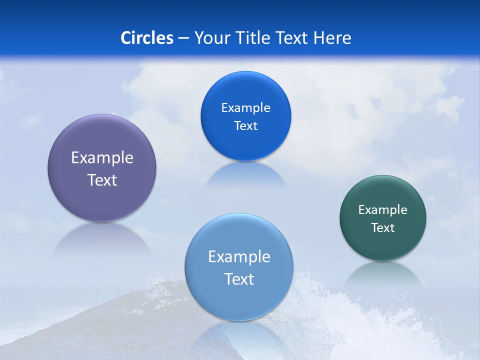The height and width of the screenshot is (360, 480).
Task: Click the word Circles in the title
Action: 147,38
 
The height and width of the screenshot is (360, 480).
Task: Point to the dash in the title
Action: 183,38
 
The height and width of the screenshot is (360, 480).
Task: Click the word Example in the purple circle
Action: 102,158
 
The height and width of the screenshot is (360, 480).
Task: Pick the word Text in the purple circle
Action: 102,180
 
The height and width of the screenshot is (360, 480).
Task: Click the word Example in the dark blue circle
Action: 246,108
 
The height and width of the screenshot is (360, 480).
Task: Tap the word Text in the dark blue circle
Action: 246,126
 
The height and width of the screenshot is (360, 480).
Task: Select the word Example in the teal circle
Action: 383,210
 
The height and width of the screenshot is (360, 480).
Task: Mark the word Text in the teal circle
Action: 383,228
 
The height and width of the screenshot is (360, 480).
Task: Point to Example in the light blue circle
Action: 239,257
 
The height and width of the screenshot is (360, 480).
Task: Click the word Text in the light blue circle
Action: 239,279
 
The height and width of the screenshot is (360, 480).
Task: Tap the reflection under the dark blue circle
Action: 246,175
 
